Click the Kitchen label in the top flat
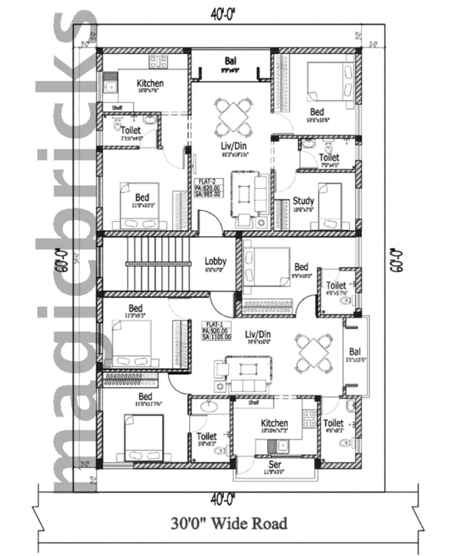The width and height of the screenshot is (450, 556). click(x=150, y=84)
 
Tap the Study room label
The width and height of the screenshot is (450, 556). click(x=303, y=201)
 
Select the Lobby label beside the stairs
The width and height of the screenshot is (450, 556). click(x=215, y=261)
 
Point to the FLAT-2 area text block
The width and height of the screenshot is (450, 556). click(x=208, y=188)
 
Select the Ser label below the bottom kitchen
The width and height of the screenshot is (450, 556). click(x=274, y=466)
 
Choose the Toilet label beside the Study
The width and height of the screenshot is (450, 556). click(x=328, y=157)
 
